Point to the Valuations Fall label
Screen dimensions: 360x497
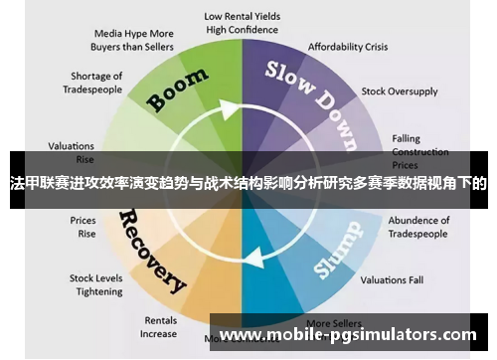pos(392,279)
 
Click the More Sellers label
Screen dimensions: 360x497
pos(331,323)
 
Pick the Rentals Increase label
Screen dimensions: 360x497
pos(159,327)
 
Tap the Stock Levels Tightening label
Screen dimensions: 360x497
pos(95,285)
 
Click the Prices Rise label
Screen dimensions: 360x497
pos(83,227)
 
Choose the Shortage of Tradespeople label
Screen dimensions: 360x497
pos(96,83)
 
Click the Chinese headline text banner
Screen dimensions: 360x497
pos(248,183)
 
